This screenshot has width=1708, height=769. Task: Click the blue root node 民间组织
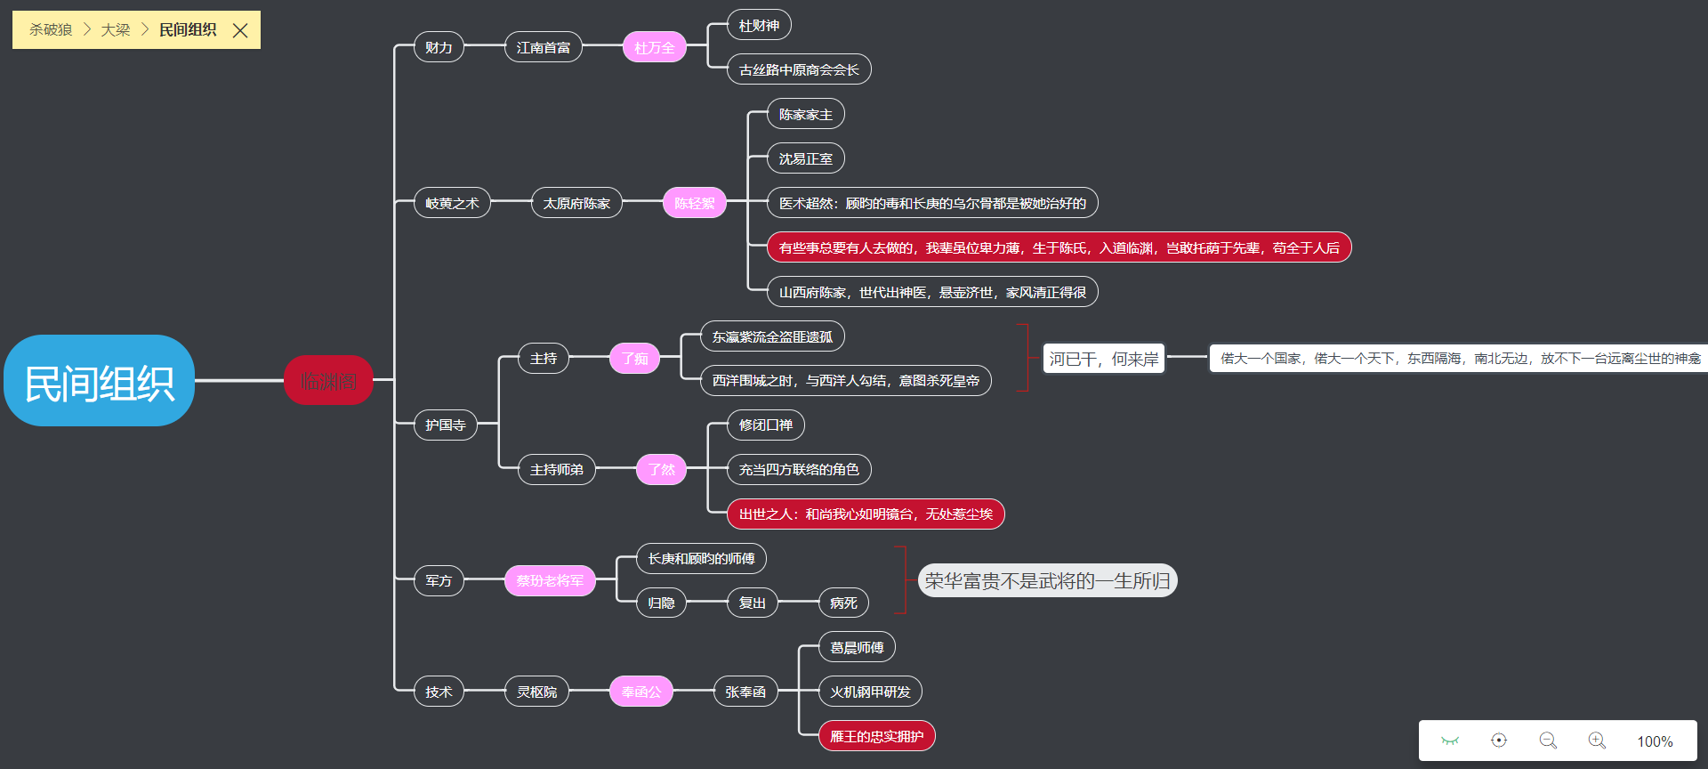click(x=99, y=381)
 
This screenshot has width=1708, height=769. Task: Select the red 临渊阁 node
click(x=328, y=381)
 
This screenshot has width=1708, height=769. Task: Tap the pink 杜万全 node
click(x=654, y=47)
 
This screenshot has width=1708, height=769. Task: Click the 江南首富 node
click(x=543, y=47)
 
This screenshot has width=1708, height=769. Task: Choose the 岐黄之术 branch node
click(x=452, y=203)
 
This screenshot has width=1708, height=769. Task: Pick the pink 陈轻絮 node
click(x=694, y=203)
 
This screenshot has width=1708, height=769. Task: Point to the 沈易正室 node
click(x=805, y=158)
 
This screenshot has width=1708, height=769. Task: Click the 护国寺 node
click(x=445, y=425)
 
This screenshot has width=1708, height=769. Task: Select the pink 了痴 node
click(x=634, y=359)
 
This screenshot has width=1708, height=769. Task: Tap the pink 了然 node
click(x=661, y=470)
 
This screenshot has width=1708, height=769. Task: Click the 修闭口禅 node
click(x=765, y=425)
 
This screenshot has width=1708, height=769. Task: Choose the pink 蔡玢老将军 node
click(x=550, y=581)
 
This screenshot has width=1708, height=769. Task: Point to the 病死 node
click(x=842, y=603)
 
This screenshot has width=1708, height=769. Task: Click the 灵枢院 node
click(x=536, y=692)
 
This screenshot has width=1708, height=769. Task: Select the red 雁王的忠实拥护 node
click(x=876, y=736)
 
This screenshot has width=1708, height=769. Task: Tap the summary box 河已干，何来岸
click(x=1103, y=359)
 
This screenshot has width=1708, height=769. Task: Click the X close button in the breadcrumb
click(x=240, y=30)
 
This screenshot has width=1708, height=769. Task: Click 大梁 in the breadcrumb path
click(x=116, y=30)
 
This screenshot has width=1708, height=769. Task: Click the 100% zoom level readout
click(x=1655, y=741)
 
